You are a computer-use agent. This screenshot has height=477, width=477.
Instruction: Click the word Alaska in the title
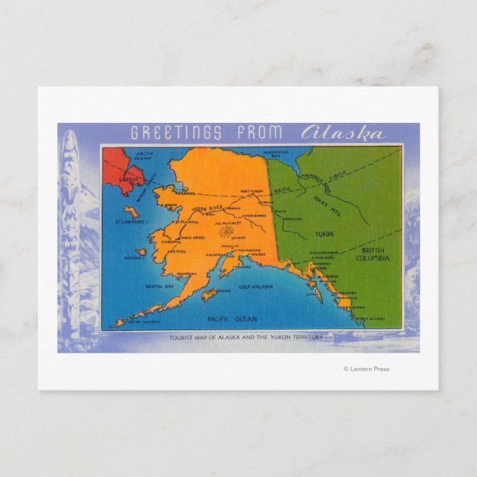[343, 133]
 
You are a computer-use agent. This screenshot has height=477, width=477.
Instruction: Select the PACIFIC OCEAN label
[233, 319]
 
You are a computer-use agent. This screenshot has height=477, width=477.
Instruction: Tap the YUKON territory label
[324, 233]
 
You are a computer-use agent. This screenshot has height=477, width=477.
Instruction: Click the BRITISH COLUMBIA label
[373, 254]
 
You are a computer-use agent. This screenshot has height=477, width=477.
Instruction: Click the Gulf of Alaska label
[256, 286]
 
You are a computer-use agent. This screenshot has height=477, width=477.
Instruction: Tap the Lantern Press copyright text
[366, 369]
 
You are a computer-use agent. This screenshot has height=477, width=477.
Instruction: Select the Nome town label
[171, 205]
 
